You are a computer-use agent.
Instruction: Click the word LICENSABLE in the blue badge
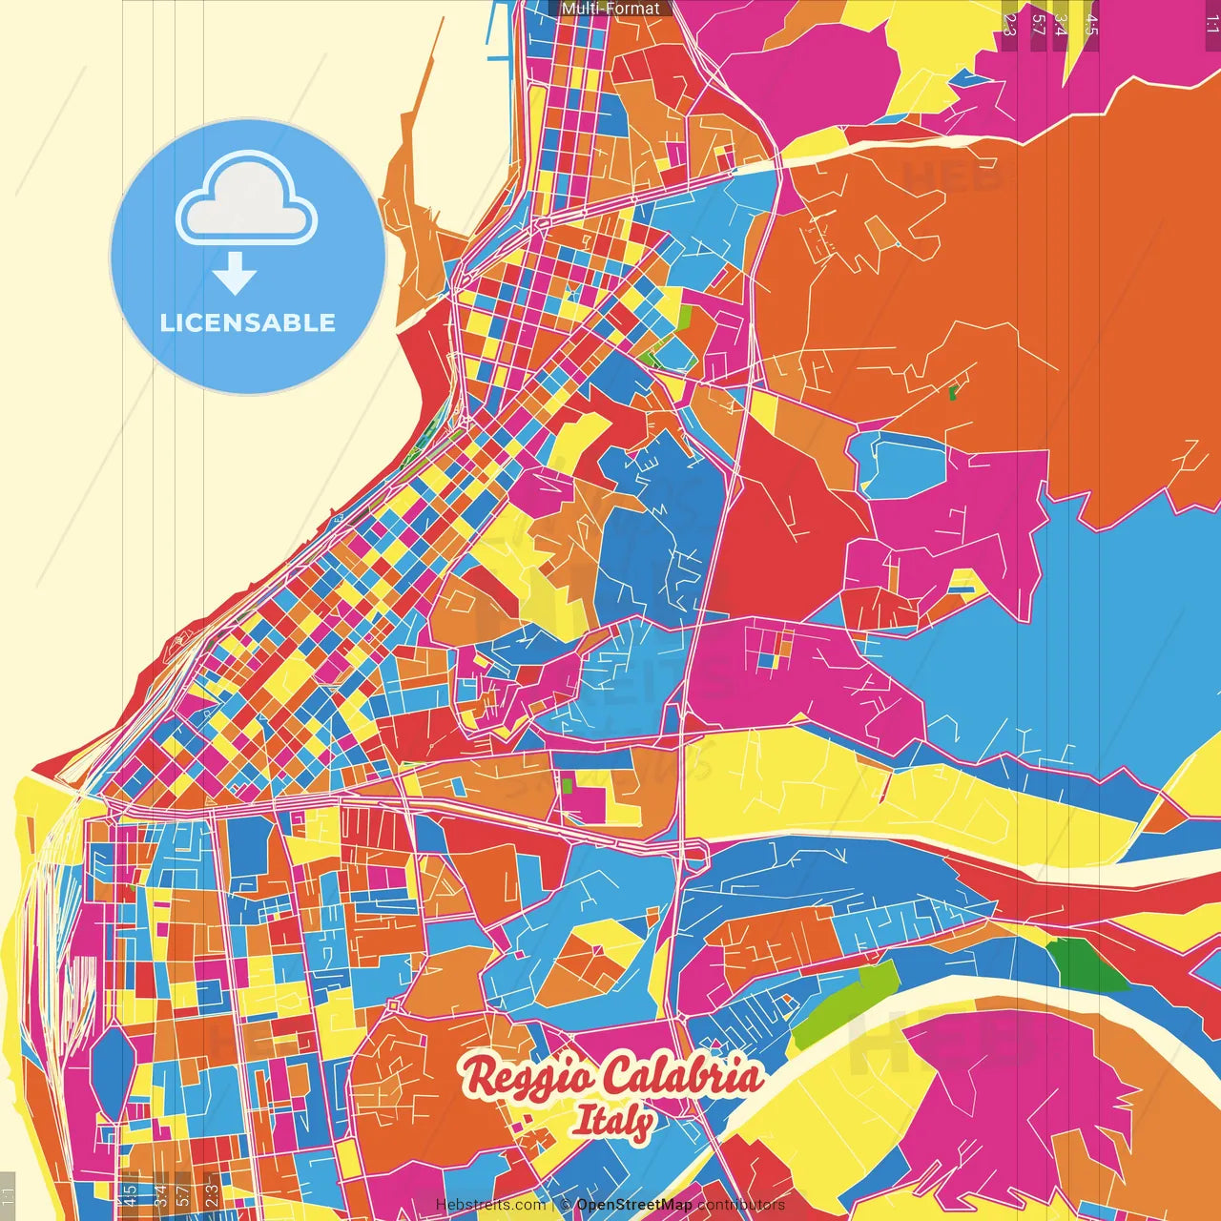(x=248, y=322)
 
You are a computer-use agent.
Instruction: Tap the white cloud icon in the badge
(x=246, y=203)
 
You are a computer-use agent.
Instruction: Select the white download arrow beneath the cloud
(x=235, y=273)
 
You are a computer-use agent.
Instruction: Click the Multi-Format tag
(x=610, y=9)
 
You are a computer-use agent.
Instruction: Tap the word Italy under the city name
(x=612, y=1122)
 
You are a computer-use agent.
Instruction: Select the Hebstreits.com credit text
(x=490, y=1205)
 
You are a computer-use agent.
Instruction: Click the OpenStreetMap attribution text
(x=633, y=1205)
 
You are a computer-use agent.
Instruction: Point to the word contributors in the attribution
(x=741, y=1205)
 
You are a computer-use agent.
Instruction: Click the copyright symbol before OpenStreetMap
(x=566, y=1205)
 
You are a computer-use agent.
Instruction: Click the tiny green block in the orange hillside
(x=953, y=391)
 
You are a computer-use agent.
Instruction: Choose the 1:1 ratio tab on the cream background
(x=8, y=1193)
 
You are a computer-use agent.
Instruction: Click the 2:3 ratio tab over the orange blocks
(x=211, y=1192)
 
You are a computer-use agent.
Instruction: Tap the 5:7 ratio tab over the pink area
(x=1038, y=25)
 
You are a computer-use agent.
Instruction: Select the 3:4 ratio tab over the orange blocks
(x=160, y=1192)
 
